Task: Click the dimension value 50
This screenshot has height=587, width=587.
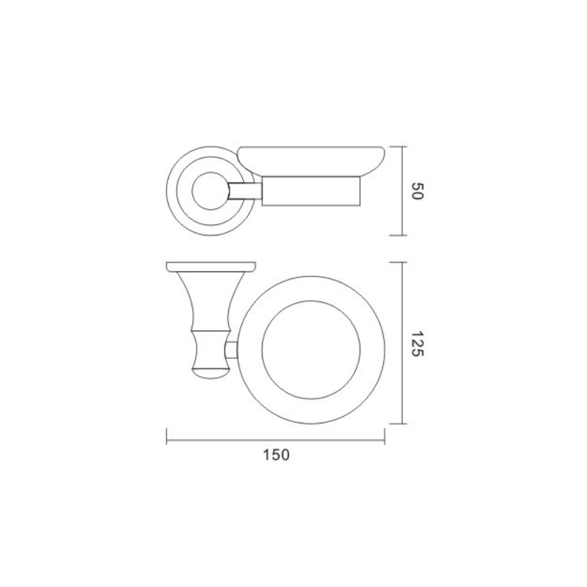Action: (416, 191)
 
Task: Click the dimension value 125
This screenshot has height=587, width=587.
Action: (416, 343)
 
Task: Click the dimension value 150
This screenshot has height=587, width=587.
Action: (277, 455)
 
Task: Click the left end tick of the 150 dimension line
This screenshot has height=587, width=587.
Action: (167, 437)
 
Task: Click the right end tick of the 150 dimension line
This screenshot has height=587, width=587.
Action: (384, 437)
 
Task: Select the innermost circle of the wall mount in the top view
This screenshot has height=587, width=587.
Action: (192, 191)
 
